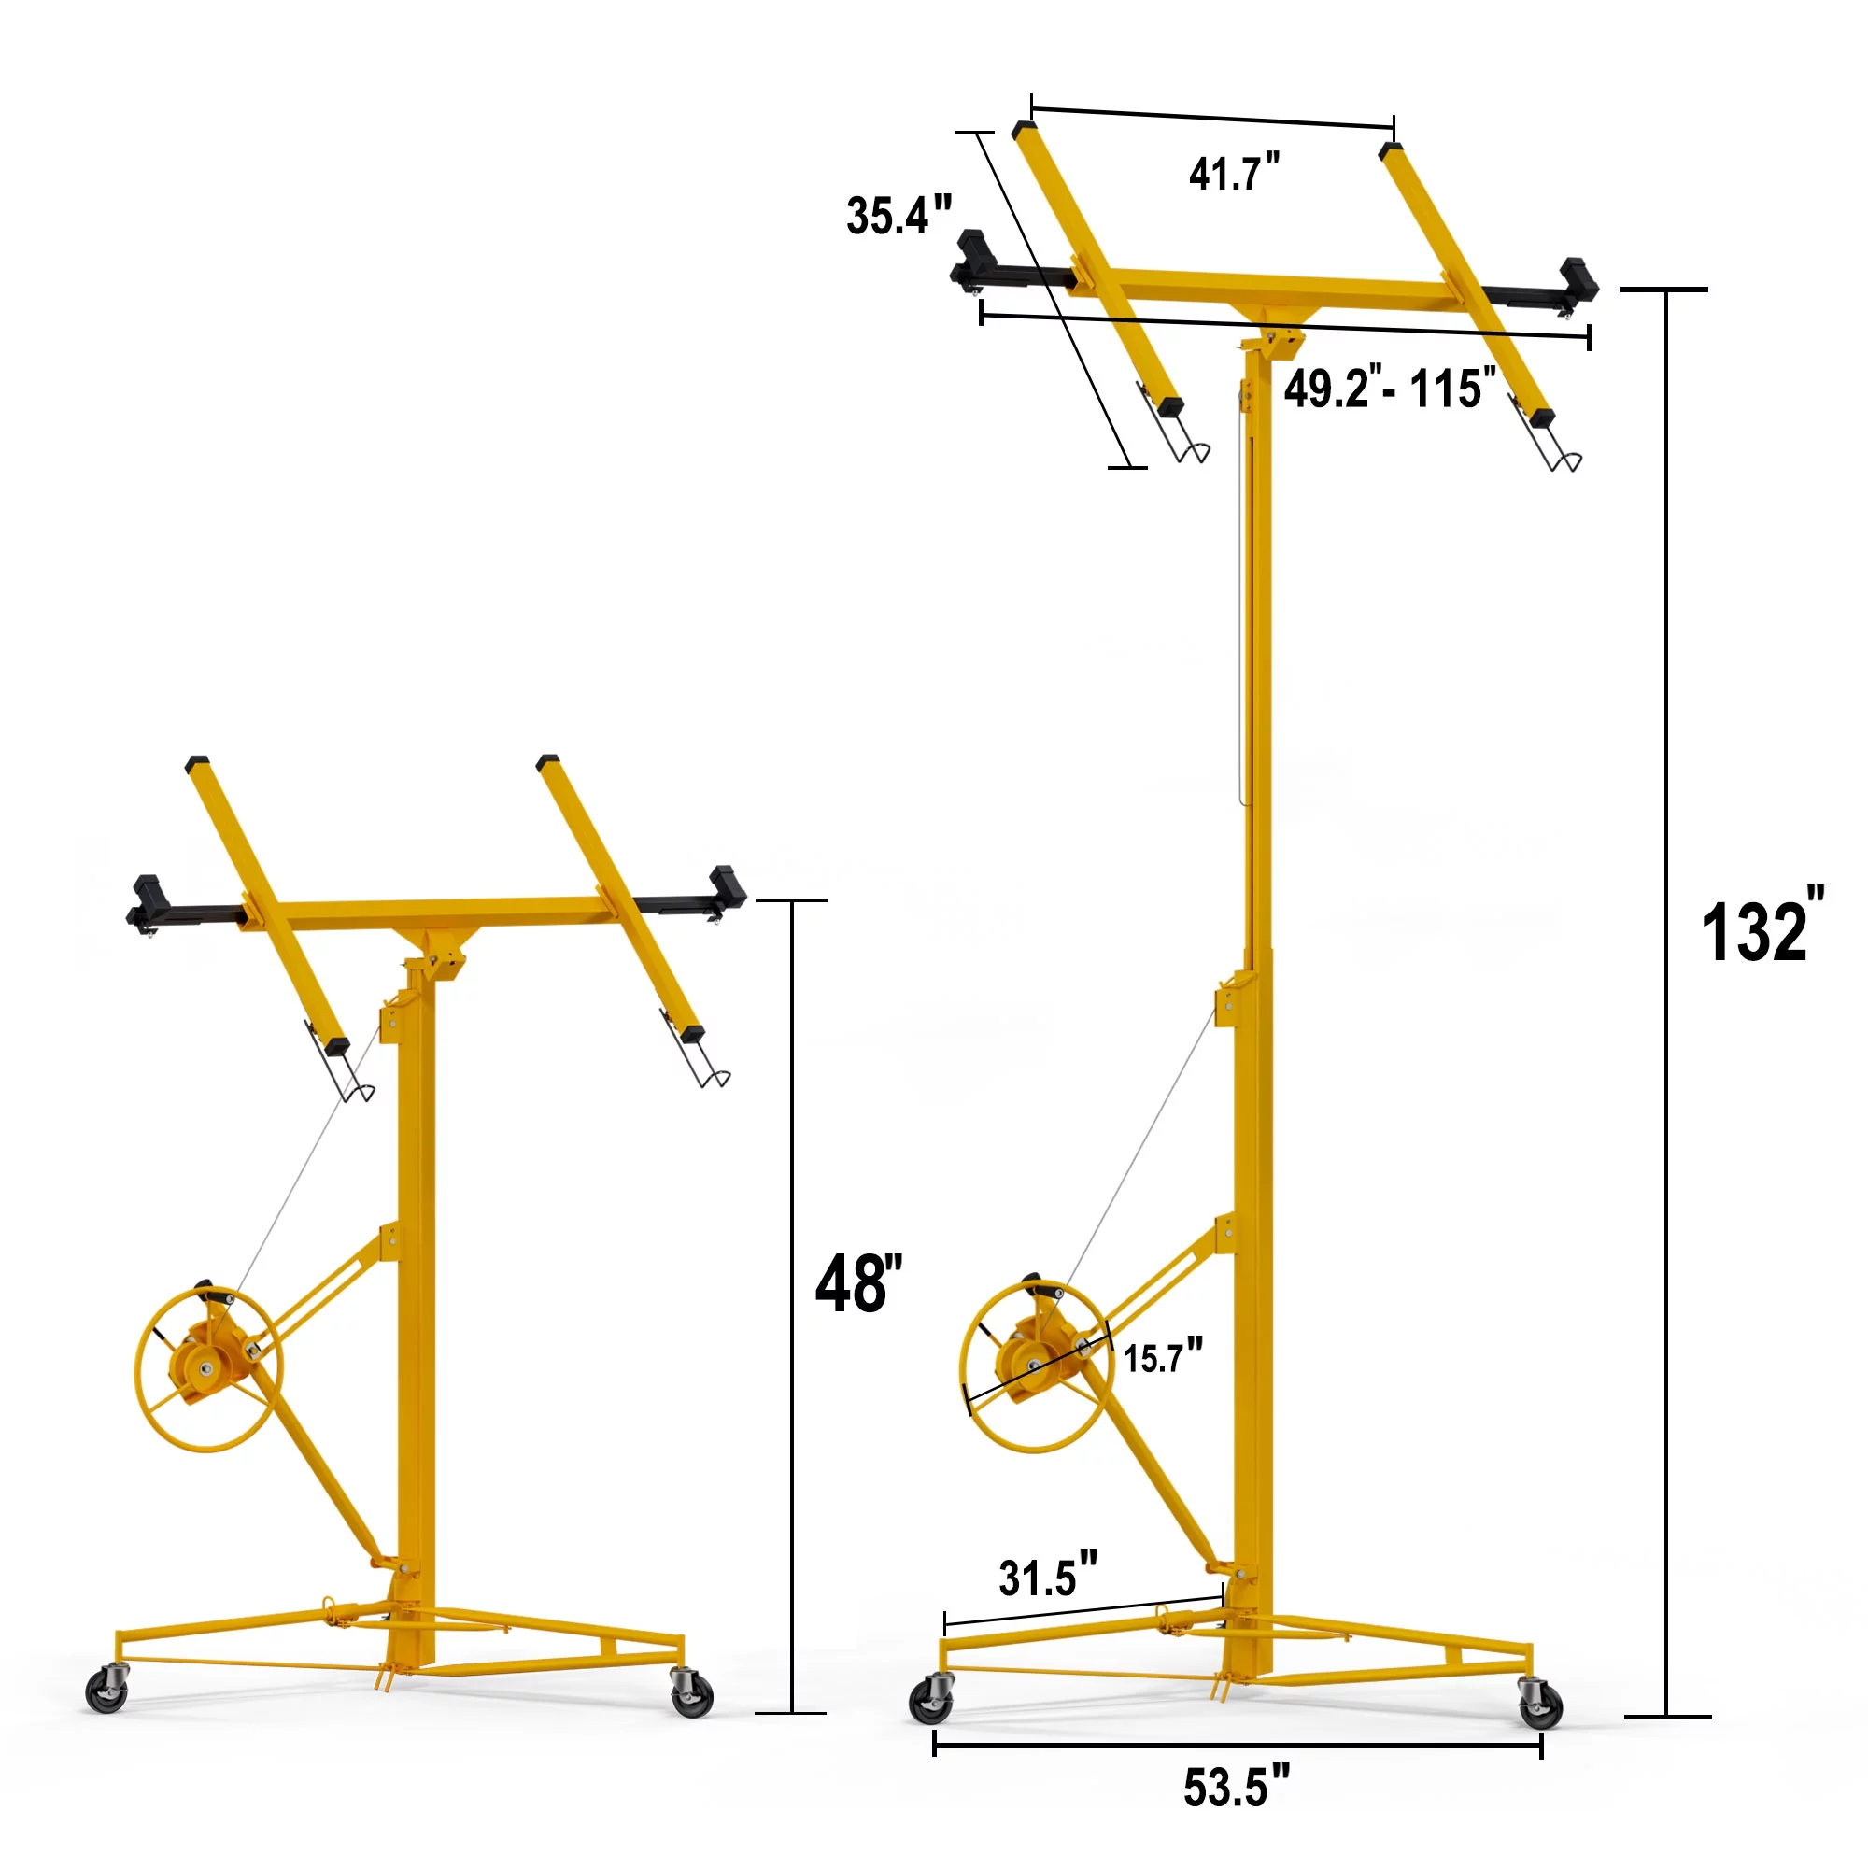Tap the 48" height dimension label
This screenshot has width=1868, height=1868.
point(858,1284)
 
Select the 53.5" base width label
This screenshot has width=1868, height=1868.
point(1237,1787)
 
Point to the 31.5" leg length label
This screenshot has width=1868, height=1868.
point(1047,1577)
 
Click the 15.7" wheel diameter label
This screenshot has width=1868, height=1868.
point(1163,1357)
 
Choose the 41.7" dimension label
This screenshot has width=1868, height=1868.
point(1234,174)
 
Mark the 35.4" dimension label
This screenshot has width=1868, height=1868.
point(899,215)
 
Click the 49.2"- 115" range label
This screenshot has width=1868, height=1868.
point(1390,389)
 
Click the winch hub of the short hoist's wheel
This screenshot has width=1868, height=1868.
point(205,1369)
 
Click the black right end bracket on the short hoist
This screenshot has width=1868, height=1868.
point(727,884)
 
